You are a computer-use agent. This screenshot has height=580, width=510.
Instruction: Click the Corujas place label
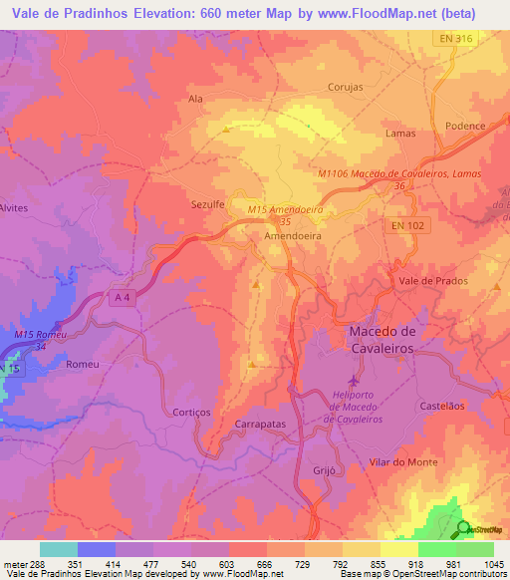click(345, 87)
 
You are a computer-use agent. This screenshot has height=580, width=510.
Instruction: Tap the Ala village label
click(195, 100)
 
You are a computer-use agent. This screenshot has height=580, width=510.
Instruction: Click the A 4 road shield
click(123, 300)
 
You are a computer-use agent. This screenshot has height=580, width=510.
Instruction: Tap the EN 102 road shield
click(402, 228)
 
